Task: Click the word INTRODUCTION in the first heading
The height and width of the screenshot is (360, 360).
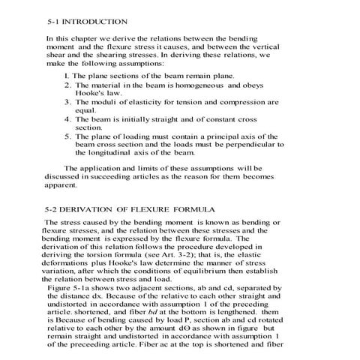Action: tap(97, 22)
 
